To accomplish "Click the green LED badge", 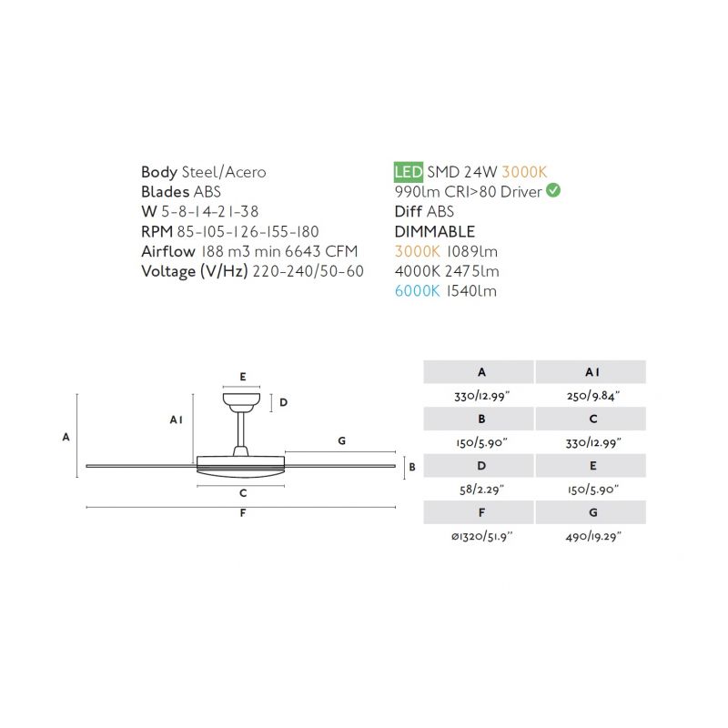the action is pyautogui.click(x=408, y=172).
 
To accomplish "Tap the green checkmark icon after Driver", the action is pyautogui.click(x=553, y=190).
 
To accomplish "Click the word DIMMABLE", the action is pyautogui.click(x=435, y=231).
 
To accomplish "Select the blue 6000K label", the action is pyautogui.click(x=417, y=291).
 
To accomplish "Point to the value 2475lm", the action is pyautogui.click(x=471, y=271).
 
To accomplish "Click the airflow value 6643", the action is pyautogui.click(x=303, y=251).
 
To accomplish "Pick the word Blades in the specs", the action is pyautogui.click(x=166, y=192).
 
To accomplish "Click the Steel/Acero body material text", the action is pyautogui.click(x=224, y=172).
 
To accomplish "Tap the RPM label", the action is pyautogui.click(x=157, y=231).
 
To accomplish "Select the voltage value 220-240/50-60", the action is pyautogui.click(x=308, y=271).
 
